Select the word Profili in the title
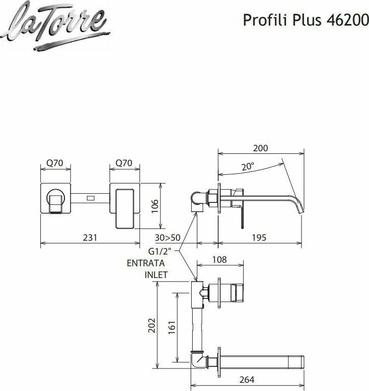(x=260, y=20)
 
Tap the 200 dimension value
(x=261, y=148)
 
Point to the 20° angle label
(x=247, y=167)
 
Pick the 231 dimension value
(x=90, y=238)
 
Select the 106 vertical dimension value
(x=155, y=206)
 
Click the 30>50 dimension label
(x=168, y=238)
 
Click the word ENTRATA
(x=146, y=263)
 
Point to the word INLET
(x=156, y=275)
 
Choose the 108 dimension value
(x=219, y=260)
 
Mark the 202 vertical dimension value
(x=152, y=326)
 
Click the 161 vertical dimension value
(x=172, y=326)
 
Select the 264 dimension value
(x=247, y=380)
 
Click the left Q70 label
(x=55, y=163)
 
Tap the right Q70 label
(x=124, y=163)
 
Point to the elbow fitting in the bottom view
(x=197, y=360)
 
